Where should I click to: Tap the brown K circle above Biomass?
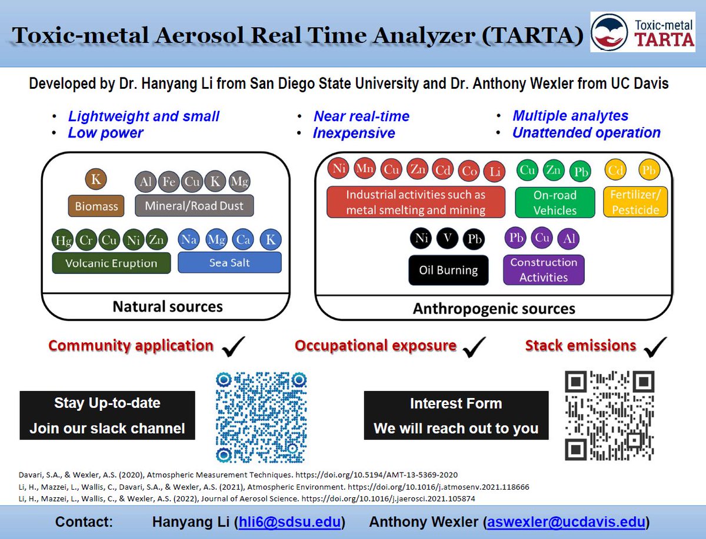[x=96, y=179]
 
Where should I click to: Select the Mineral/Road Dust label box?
[x=194, y=206]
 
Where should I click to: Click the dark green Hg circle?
[x=63, y=240]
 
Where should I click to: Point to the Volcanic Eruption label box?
[x=112, y=263]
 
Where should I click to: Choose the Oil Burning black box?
[x=448, y=270]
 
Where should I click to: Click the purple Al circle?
[x=570, y=239]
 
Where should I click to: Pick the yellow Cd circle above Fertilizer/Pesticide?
[x=615, y=170]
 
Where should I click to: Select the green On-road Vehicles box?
[x=554, y=203]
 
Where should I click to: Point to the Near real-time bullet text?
[x=361, y=116]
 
